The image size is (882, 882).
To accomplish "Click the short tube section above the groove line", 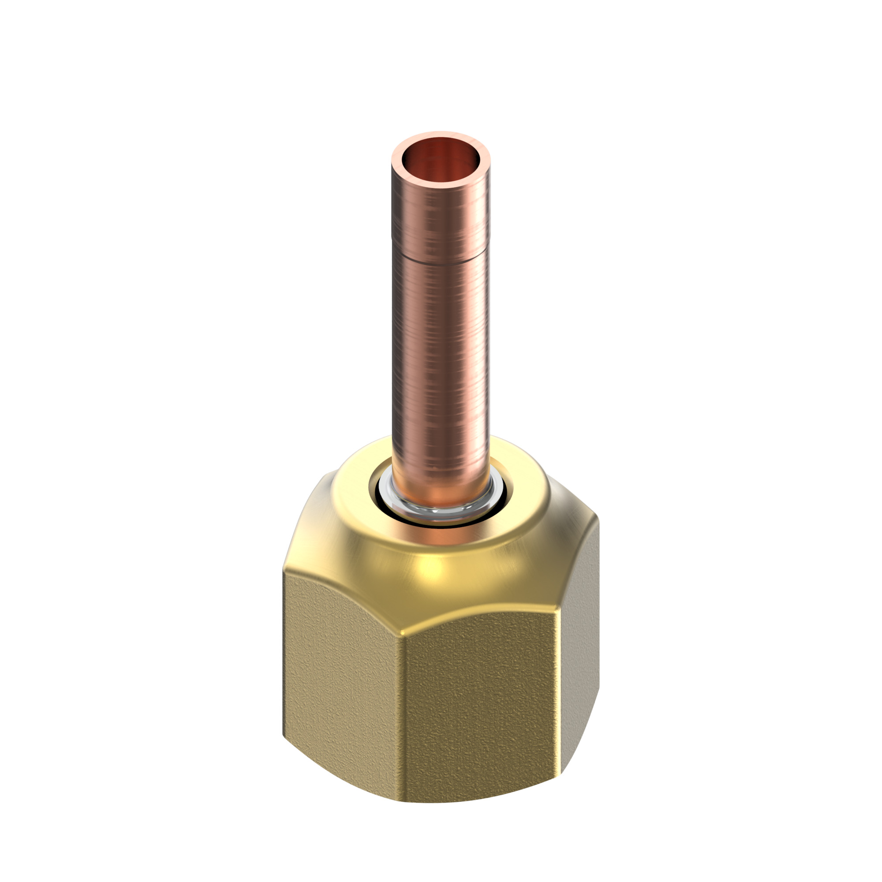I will [441, 219].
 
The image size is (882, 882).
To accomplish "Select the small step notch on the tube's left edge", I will [392, 238].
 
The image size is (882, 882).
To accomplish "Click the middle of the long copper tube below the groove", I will [441, 356].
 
